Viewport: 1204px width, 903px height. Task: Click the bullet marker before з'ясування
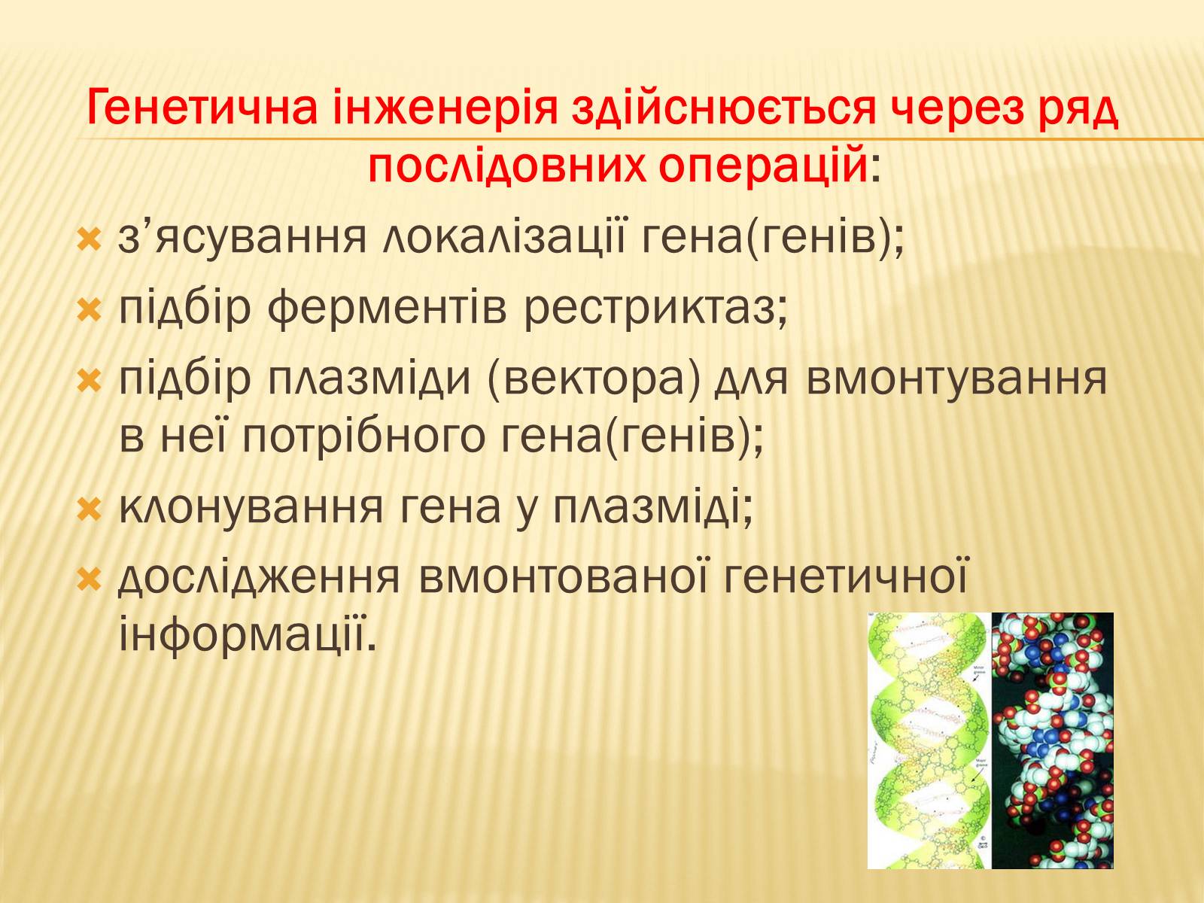90,241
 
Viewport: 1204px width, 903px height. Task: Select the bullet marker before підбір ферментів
90,310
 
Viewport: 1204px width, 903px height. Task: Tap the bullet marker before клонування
90,509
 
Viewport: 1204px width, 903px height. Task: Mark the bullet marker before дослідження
90,579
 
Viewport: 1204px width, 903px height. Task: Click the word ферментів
388,310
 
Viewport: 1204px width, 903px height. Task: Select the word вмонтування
956,380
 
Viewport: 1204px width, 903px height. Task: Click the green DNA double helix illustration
929,740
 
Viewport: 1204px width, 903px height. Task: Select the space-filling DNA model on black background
1053,740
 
